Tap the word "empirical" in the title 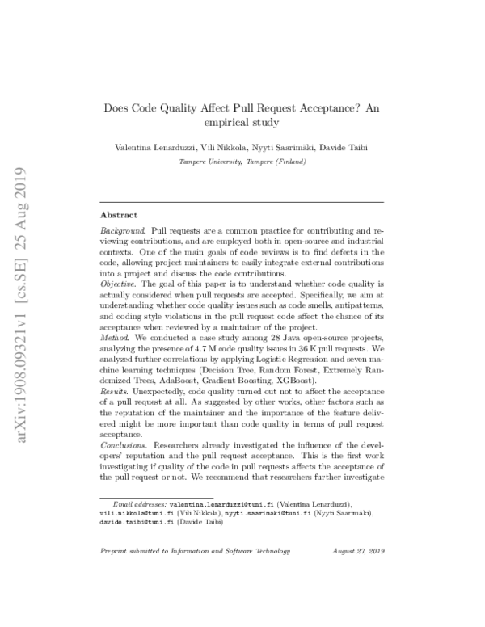click(230, 123)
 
